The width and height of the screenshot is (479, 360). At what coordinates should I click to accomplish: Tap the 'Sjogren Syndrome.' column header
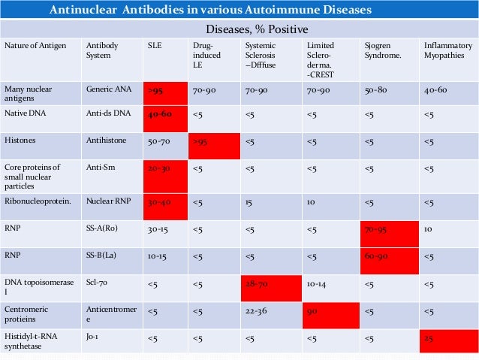(381, 51)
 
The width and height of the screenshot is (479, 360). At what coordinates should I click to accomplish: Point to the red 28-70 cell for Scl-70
(271, 287)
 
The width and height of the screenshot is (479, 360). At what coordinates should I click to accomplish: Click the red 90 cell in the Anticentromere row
(330, 315)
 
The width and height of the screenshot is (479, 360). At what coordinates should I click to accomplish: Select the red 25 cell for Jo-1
(448, 339)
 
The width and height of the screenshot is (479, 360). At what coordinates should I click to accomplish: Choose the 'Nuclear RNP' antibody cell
(106, 202)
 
